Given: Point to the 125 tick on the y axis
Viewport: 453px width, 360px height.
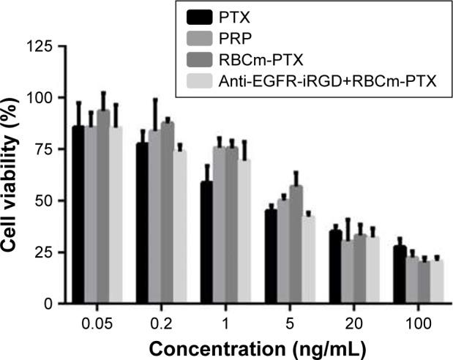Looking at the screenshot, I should click(44, 47).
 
